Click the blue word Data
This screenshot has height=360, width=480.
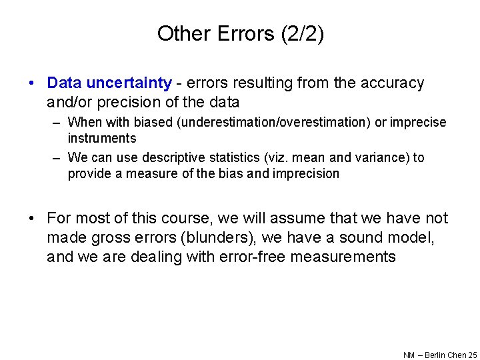pos(64,83)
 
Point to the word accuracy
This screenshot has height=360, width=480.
pos(392,83)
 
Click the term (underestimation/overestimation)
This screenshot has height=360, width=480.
pos(253,123)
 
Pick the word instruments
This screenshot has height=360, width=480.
pos(101,139)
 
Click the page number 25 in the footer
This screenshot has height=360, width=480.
pos(472,355)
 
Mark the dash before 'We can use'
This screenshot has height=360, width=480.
pos(57,158)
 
